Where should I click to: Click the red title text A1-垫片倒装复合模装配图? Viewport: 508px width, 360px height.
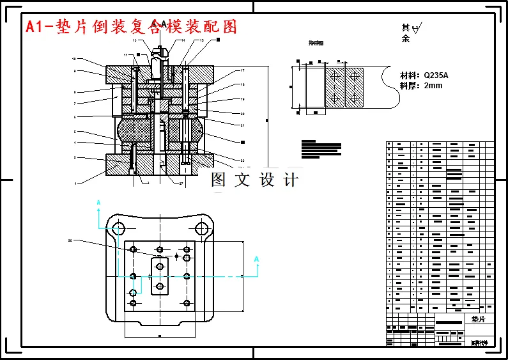point(131,27)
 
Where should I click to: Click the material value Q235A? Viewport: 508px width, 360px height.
point(436,75)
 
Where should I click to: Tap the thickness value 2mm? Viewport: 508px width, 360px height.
point(433,86)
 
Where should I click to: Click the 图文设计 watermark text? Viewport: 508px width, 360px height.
point(255,180)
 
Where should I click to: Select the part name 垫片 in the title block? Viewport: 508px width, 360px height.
point(479,318)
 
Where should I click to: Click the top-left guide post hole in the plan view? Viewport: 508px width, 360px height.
point(118,228)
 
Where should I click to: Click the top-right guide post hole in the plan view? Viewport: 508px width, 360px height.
point(201,228)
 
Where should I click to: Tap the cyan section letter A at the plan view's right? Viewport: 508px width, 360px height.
point(256,259)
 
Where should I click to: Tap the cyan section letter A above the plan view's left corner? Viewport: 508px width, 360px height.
point(98,203)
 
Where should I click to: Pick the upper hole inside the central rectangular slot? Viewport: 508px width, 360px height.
point(160,265)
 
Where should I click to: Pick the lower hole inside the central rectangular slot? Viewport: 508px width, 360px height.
point(160,286)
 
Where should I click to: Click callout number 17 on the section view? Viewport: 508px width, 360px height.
point(243,70)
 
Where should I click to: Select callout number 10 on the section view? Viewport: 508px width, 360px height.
point(74,58)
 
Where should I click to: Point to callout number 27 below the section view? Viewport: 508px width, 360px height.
point(181,184)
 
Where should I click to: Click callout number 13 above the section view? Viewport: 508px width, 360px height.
point(135,40)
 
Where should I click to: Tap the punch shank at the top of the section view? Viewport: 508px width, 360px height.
point(158,55)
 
